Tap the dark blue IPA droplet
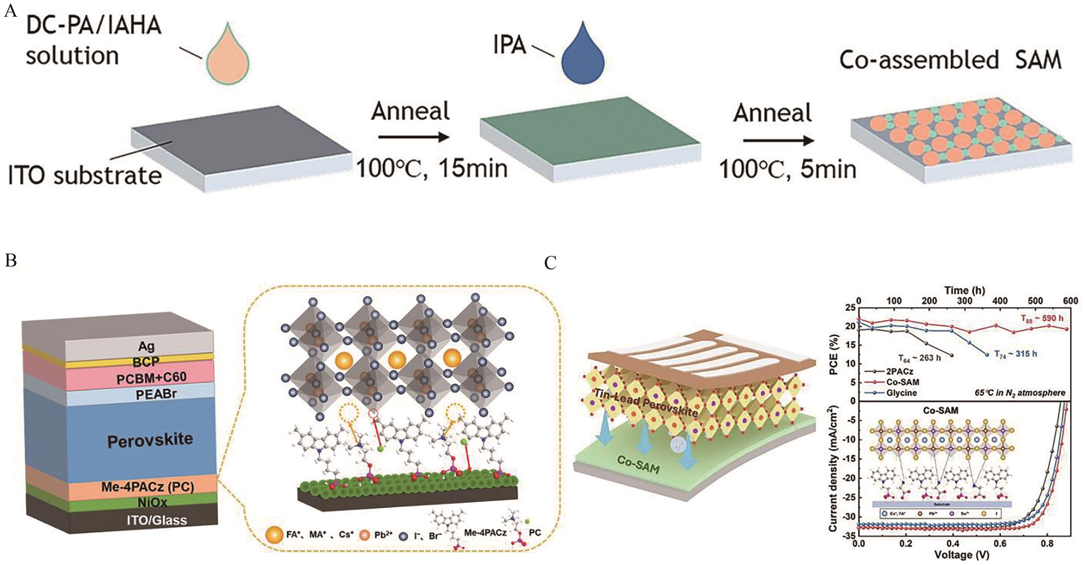click(x=583, y=57)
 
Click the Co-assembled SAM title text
click(x=950, y=60)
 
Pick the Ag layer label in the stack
click(x=146, y=346)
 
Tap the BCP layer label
click(x=146, y=362)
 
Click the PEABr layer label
click(x=156, y=394)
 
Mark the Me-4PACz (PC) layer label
click(x=147, y=487)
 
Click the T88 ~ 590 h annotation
click(x=1042, y=319)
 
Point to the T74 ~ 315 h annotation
click(x=1015, y=354)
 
